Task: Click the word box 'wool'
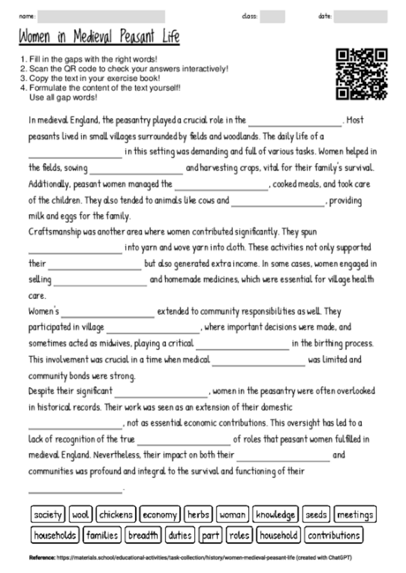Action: (x=80, y=514)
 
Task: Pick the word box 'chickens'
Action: (x=116, y=514)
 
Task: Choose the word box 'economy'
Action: (x=160, y=514)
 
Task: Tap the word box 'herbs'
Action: (x=199, y=514)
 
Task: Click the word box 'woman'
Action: (x=232, y=514)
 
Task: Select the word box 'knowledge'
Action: (x=275, y=514)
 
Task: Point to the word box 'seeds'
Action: (x=316, y=514)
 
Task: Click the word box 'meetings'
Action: (x=355, y=514)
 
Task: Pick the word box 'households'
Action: (x=55, y=534)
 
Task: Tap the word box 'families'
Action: (x=101, y=534)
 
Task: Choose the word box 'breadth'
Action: (x=143, y=534)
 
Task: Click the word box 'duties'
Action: (x=180, y=534)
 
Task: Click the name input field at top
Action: (x=101, y=16)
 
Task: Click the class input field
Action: (x=273, y=16)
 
